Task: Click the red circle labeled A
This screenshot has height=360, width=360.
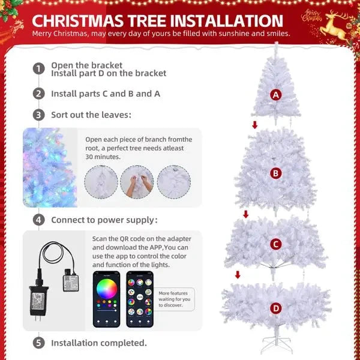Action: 276,95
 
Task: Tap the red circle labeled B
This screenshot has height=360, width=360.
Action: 275,173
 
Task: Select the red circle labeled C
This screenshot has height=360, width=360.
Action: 275,244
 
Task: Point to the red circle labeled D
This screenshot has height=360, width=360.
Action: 276,308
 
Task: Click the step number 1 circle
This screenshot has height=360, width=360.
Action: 39,68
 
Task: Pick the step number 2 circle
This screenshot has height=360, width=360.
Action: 39,94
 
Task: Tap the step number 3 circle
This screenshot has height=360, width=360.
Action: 39,115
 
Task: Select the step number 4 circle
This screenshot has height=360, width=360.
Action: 39,220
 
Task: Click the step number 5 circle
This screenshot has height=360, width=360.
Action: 39,343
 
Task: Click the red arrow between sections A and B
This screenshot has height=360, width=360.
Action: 255,125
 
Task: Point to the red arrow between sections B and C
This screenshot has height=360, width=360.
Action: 245,214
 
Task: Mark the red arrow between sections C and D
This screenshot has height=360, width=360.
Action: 238,275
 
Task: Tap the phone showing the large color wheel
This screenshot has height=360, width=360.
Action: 106,298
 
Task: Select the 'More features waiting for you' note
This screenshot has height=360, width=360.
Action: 175,298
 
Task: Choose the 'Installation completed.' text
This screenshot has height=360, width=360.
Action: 99,343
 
